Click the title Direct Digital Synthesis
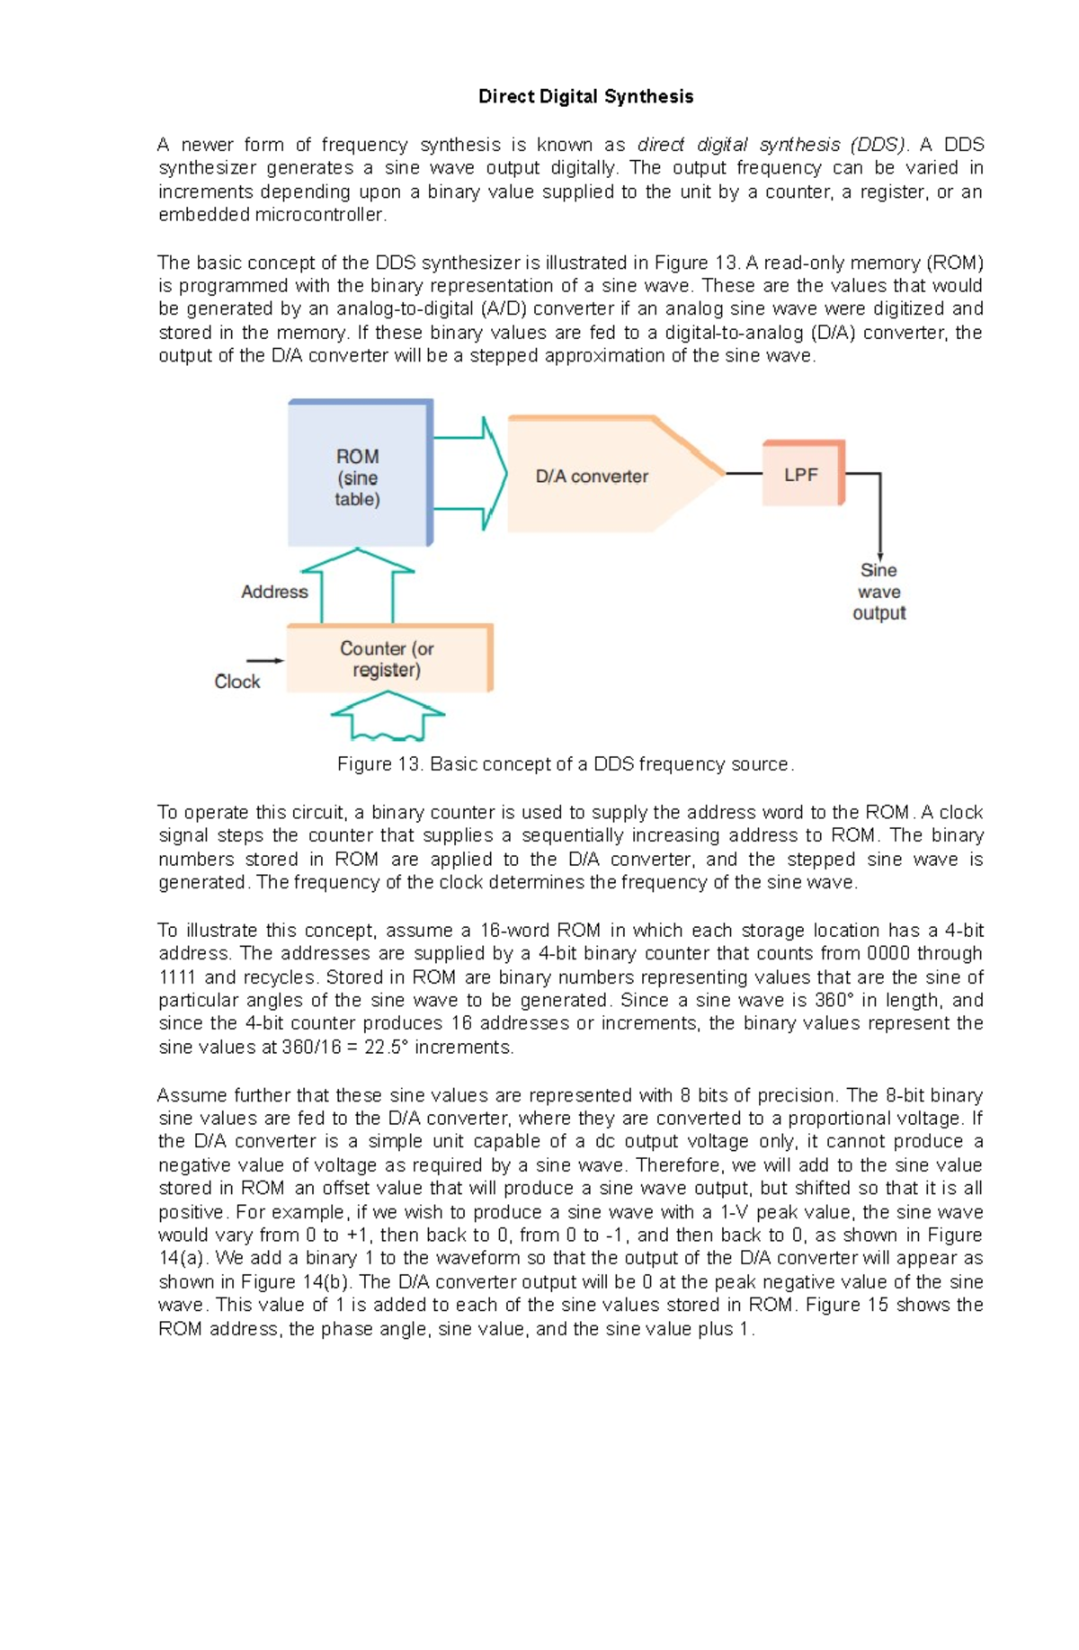585,96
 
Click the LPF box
801,474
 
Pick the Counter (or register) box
387,659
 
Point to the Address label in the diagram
274,592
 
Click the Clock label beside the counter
236,682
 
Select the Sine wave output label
878,592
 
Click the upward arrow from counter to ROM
358,584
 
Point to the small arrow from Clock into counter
265,661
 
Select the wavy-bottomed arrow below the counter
388,715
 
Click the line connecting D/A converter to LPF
744,473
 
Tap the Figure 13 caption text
565,764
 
